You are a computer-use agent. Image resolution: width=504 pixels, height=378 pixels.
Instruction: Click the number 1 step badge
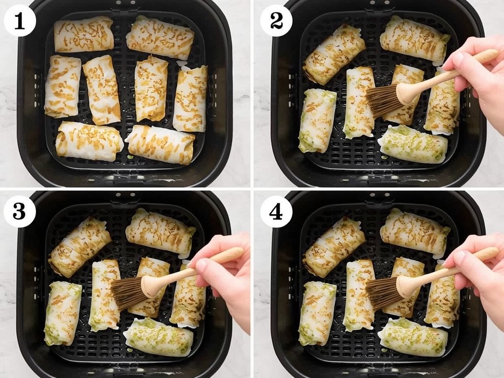coord(20,21)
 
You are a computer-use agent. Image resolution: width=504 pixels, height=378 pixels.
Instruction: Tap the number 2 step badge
coord(276,21)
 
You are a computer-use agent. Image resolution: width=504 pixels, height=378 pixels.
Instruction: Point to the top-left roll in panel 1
coord(84,34)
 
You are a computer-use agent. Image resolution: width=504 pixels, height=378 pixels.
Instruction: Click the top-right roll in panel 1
coord(160,37)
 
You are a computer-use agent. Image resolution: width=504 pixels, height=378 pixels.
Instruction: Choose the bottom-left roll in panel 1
coord(89,141)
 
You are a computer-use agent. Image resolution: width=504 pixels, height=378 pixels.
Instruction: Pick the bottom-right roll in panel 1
coord(160,144)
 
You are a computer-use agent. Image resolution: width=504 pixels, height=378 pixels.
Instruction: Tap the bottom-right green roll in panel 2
coord(413,145)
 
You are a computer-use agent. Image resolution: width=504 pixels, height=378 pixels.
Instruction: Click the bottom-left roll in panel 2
coord(317,121)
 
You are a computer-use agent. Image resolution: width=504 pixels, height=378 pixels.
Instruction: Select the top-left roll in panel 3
coord(79,246)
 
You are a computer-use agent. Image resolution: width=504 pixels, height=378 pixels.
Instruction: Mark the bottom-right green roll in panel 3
coord(158,337)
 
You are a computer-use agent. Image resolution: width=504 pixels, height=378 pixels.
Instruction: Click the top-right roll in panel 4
coord(414,232)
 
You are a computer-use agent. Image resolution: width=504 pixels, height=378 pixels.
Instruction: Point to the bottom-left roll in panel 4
coord(317,313)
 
